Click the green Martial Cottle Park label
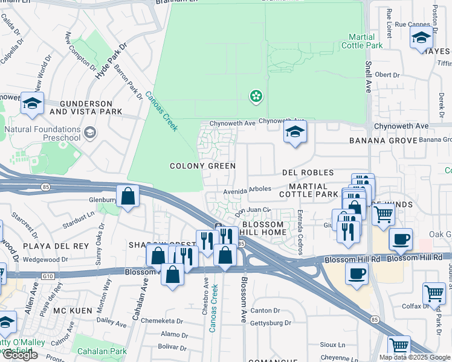[362, 41]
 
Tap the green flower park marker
[256, 96]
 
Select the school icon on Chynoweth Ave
[295, 133]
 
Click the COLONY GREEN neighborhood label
[202, 166]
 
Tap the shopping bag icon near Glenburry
[128, 196]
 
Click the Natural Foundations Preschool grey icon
[90, 133]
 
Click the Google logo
[20, 355]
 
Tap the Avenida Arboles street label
[248, 189]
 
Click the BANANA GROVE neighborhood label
[383, 141]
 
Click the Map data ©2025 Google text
[414, 357]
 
